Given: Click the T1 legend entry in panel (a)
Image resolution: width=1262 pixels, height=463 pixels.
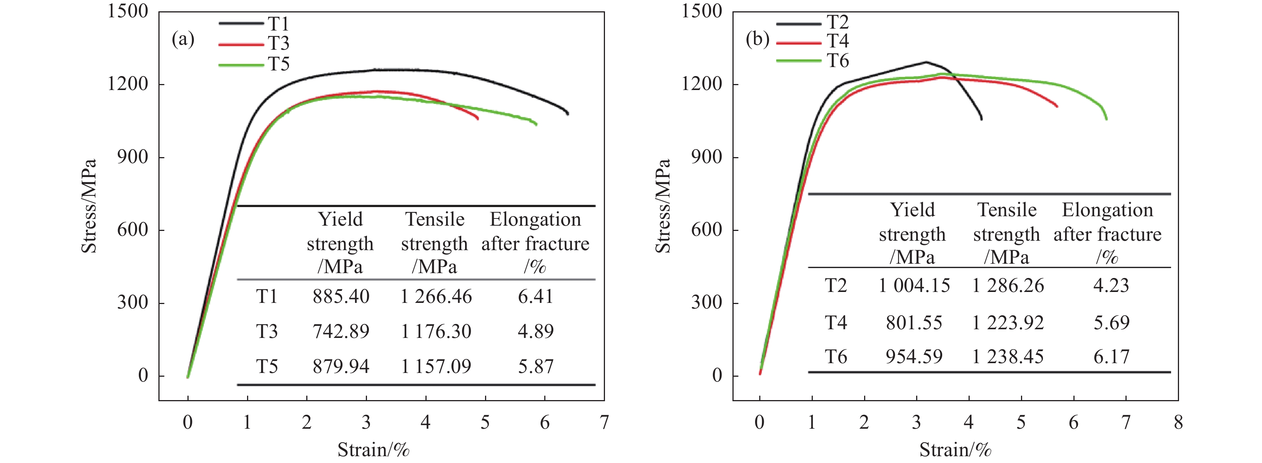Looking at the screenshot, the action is coord(278,23).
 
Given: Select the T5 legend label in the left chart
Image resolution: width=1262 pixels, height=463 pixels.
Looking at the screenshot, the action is coord(278,64).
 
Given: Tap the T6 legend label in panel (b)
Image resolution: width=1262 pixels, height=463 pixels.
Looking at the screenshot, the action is coord(838,61).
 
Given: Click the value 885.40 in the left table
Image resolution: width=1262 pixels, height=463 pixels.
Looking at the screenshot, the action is coord(341,296).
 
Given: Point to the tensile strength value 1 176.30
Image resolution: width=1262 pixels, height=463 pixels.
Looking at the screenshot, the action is coord(436,332).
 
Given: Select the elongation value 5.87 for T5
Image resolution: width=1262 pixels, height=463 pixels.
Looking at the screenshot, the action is coord(536,367).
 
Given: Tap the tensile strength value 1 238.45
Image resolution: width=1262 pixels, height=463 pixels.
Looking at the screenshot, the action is coord(1008,357).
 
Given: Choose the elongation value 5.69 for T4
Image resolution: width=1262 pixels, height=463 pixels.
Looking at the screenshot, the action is coord(1112,322).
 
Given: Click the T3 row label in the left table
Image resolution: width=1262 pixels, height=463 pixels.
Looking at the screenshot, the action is coord(267,332).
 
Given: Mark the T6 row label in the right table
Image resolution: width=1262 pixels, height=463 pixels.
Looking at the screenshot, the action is coord(836,357).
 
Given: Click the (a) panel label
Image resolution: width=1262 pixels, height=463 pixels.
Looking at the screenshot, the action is coord(183,39).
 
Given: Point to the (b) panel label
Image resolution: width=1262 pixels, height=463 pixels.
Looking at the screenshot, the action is coord(757,39).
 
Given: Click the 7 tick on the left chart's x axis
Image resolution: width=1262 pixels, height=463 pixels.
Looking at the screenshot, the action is coord(605,422).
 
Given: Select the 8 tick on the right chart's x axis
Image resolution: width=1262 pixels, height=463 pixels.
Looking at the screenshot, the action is coord(1178,422).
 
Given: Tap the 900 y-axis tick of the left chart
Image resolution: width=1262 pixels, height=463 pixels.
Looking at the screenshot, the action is coord(132,157).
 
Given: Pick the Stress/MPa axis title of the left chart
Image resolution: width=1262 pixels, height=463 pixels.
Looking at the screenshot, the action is coord(89,206).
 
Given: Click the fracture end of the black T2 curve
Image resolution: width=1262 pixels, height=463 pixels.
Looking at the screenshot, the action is coord(981,119).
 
